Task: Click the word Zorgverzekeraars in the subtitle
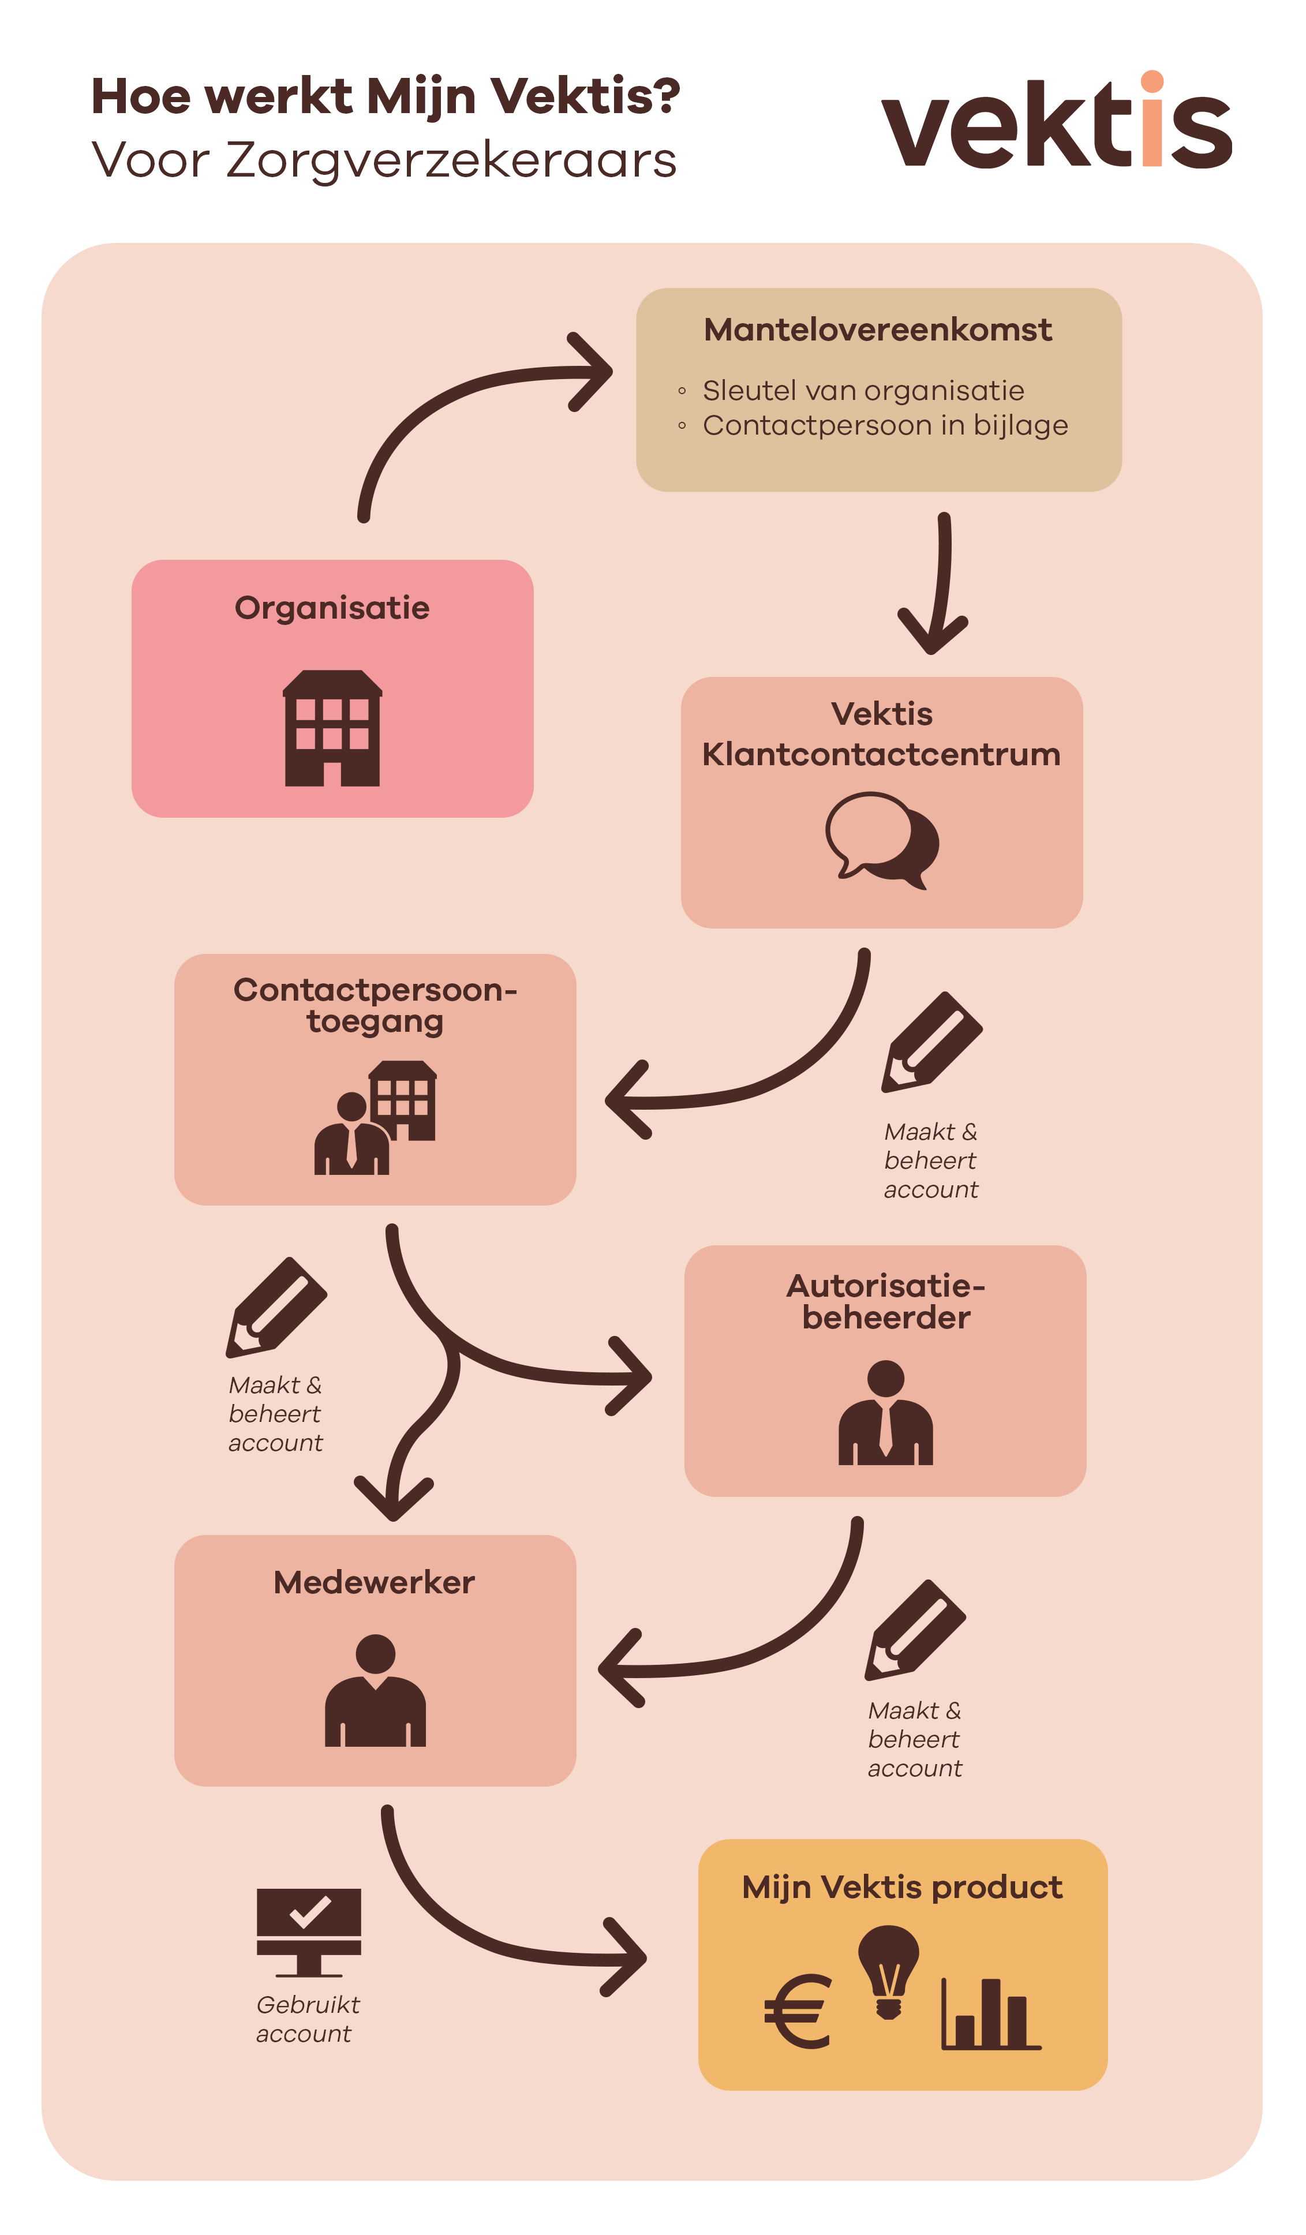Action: point(451,160)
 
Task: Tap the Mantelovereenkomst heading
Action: point(877,330)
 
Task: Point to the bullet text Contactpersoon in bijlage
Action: point(885,426)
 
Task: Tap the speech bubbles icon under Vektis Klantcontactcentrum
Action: point(882,840)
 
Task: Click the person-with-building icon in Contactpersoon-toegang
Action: point(375,1117)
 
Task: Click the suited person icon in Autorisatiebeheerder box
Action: point(885,1413)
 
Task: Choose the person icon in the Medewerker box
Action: point(375,1690)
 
